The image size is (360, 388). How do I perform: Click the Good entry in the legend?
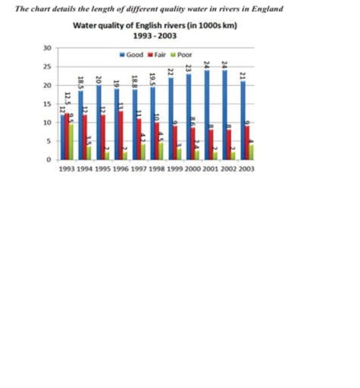[x=132, y=55]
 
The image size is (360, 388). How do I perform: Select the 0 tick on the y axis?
[x=49, y=160]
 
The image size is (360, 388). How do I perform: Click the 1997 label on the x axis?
[x=139, y=169]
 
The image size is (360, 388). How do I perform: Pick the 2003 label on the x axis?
[x=244, y=169]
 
